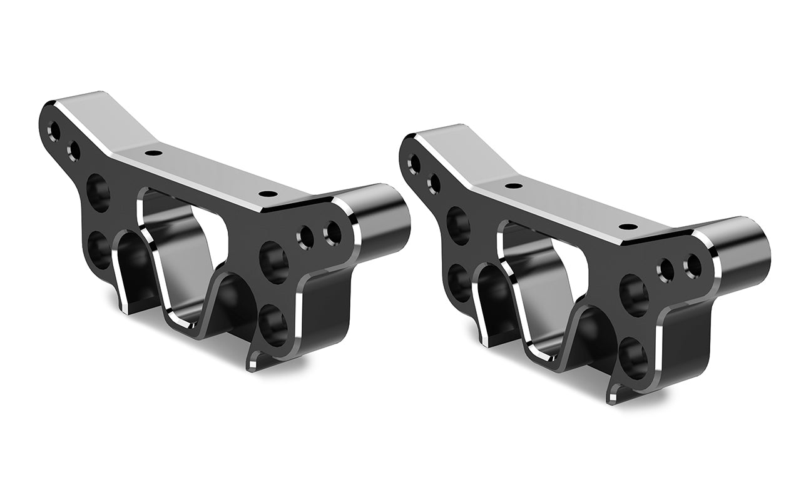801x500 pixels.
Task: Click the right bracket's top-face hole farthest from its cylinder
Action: pos(513,185)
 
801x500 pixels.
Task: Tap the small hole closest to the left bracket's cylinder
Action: pos(332,232)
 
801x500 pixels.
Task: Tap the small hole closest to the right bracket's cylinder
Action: pos(691,265)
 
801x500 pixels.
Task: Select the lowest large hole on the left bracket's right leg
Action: pos(274,322)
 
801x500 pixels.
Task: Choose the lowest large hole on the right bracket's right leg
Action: pos(634,356)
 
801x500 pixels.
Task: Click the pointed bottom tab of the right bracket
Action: pos(614,394)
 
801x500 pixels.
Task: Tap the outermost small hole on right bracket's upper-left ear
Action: pos(414,163)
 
